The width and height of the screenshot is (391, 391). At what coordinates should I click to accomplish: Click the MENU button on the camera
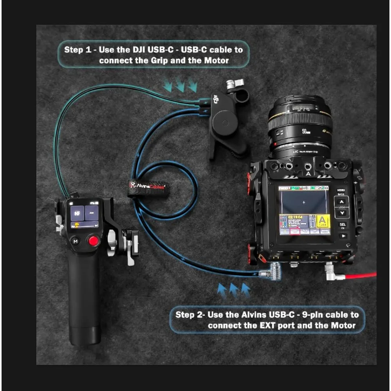point(341,190)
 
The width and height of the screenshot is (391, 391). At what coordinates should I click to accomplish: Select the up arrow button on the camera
point(343,202)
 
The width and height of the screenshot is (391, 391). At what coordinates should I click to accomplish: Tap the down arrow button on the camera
point(343,213)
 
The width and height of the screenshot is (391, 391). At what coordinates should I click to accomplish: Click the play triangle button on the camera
point(343,236)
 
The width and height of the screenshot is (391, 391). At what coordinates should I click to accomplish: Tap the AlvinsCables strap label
point(148,185)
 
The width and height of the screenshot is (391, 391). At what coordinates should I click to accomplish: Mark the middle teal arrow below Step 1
point(180,85)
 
